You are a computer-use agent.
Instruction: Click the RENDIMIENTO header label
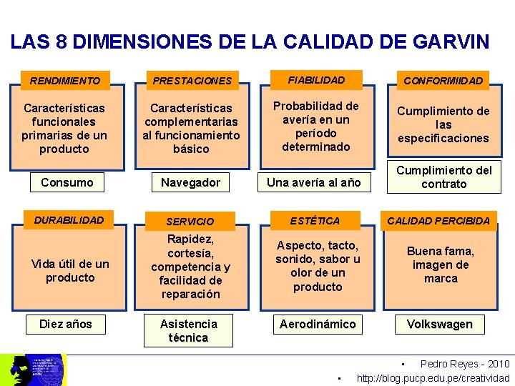click(x=65, y=81)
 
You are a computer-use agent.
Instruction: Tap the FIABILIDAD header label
click(x=316, y=80)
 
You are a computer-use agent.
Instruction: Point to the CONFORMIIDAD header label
click(x=443, y=81)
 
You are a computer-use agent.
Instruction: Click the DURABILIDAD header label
click(x=69, y=219)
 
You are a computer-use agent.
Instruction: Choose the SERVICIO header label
click(x=190, y=222)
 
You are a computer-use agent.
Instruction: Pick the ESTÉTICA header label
click(x=315, y=220)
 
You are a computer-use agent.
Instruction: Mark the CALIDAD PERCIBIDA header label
click(x=438, y=220)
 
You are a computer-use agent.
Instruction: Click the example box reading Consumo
click(x=67, y=182)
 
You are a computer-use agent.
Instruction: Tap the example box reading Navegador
click(x=190, y=182)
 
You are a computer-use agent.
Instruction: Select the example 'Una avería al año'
click(x=313, y=182)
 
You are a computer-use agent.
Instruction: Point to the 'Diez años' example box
click(x=66, y=324)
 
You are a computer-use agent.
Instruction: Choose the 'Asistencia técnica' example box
click(x=189, y=331)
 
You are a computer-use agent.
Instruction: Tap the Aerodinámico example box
click(x=318, y=324)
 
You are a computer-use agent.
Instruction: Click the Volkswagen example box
click(x=440, y=324)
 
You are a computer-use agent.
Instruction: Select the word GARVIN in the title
click(x=451, y=41)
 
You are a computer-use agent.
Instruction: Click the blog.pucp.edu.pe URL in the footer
click(x=433, y=378)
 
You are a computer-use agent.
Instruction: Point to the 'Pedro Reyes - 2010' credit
click(x=464, y=364)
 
